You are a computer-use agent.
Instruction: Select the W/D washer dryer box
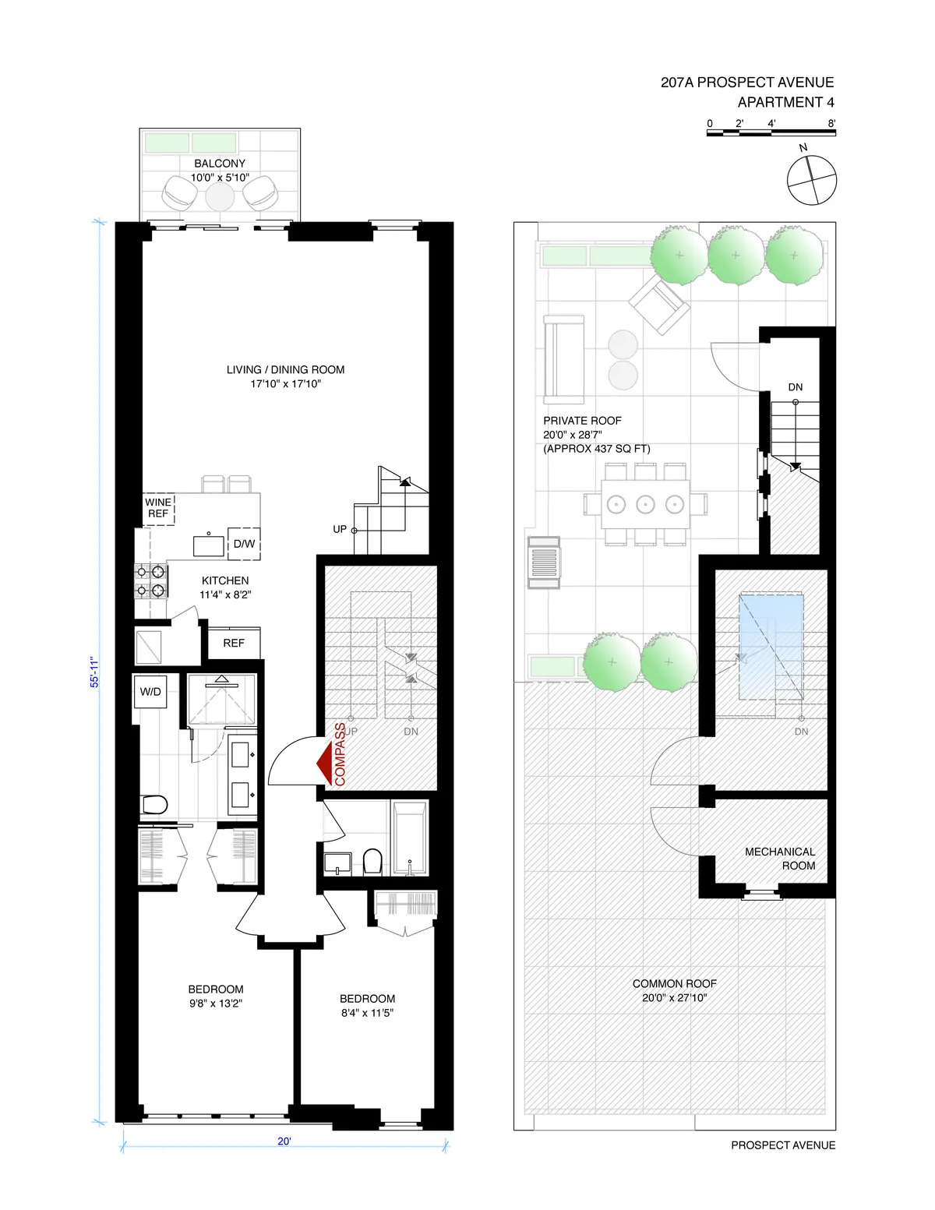(150, 691)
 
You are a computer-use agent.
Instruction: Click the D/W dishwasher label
(244, 543)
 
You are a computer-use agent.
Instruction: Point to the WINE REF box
(159, 508)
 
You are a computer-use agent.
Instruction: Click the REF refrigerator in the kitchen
(234, 643)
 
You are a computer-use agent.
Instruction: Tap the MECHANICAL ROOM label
(779, 859)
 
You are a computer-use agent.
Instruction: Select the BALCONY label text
(220, 164)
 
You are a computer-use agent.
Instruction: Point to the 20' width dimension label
(284, 1141)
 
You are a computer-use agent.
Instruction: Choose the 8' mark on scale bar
(831, 123)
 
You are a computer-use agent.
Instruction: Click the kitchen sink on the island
(208, 544)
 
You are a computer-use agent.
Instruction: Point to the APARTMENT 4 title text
(785, 102)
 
